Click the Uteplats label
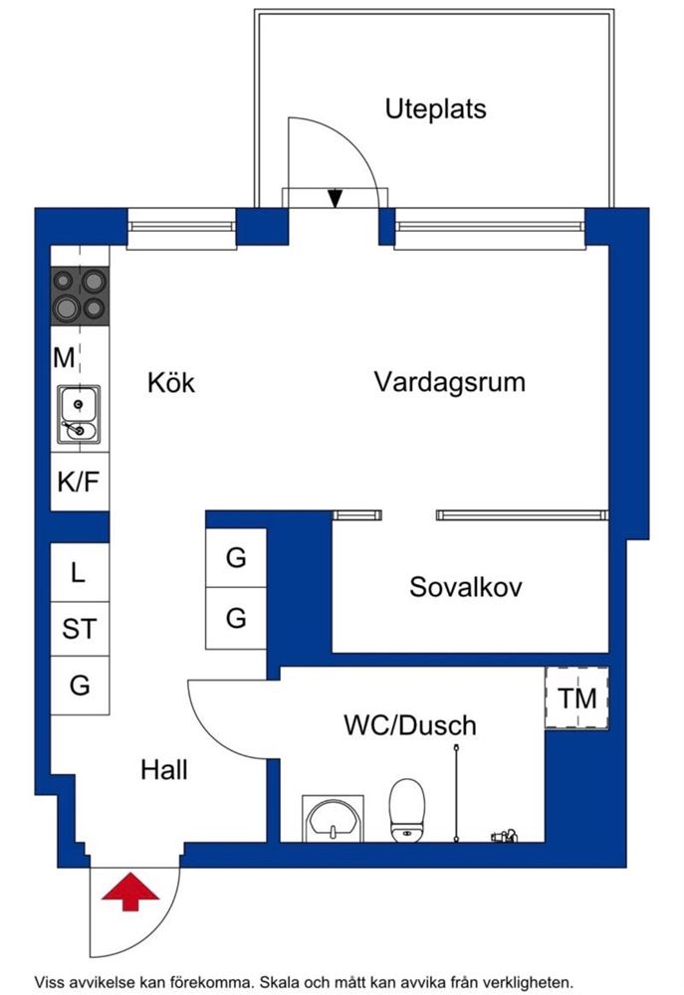coord(435,108)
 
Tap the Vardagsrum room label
coord(449,382)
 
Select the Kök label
coord(170,383)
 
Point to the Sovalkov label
coord(465,587)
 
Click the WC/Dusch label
coord(409,725)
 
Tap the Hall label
coord(163,769)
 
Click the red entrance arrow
coord(129,891)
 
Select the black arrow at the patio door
coord(336,198)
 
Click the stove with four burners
coord(80,296)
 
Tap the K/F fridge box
coord(79,484)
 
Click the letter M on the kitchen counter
coord(64,357)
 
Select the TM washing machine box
coord(576,698)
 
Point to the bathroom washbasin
coord(332,820)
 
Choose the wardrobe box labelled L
coord(79,572)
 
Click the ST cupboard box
coord(79,629)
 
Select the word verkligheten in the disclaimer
coord(525,980)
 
